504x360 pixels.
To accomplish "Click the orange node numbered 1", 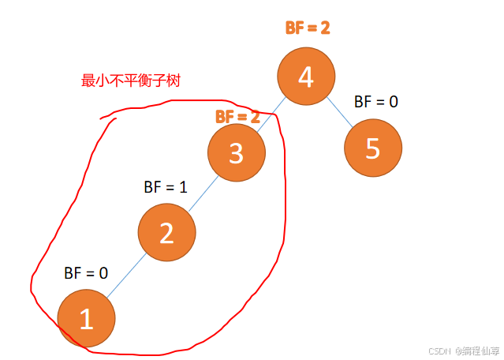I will [x=87, y=317].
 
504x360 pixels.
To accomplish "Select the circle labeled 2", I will [x=166, y=232].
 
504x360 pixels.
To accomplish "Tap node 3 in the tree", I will [x=236, y=152].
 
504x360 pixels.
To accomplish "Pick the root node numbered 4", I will [x=306, y=77].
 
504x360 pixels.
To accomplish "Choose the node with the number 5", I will [x=373, y=148].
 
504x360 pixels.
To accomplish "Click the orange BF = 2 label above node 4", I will [x=307, y=28].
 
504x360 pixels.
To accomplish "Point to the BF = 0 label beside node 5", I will [x=375, y=102].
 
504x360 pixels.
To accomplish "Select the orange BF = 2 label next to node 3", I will [x=237, y=116].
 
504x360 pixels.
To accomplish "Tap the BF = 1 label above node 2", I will [x=165, y=187].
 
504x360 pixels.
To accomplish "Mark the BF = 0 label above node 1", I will [x=86, y=273].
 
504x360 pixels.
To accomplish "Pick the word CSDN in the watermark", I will [x=438, y=351].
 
